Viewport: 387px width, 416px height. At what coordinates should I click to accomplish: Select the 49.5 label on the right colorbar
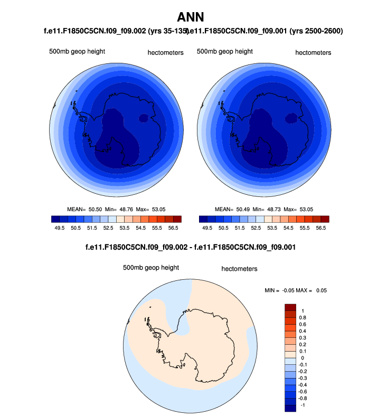207,228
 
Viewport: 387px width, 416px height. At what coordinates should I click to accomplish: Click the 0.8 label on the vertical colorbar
303,317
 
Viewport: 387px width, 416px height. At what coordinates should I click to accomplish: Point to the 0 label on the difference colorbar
302,357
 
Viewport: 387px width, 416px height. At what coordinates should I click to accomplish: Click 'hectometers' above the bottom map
239,269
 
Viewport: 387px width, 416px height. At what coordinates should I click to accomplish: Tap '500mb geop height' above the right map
224,52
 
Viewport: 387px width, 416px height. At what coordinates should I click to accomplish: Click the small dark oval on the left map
143,119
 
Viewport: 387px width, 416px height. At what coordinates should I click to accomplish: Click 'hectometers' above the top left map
165,53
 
